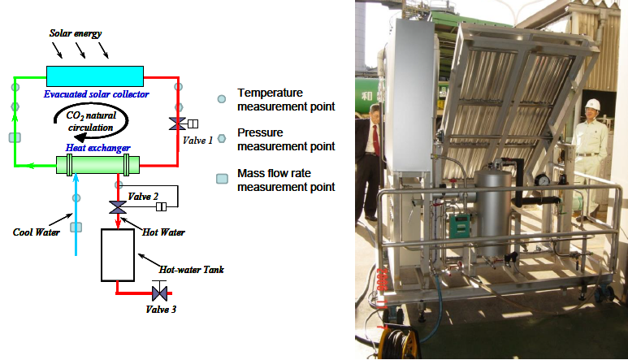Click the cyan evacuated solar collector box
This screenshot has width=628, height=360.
coord(94,75)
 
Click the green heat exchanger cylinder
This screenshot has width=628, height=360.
coord(97,166)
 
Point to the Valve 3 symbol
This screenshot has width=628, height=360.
coord(160,291)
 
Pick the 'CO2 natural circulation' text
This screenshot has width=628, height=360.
coord(97,122)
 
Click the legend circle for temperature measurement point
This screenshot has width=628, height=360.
coord(221,99)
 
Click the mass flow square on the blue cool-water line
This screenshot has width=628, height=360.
coord(77,228)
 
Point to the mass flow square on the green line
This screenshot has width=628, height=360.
coord(14,137)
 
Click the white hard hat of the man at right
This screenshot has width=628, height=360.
coord(592,103)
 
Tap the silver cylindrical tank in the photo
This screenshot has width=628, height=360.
coord(490,199)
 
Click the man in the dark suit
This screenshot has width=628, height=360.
coord(375,134)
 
